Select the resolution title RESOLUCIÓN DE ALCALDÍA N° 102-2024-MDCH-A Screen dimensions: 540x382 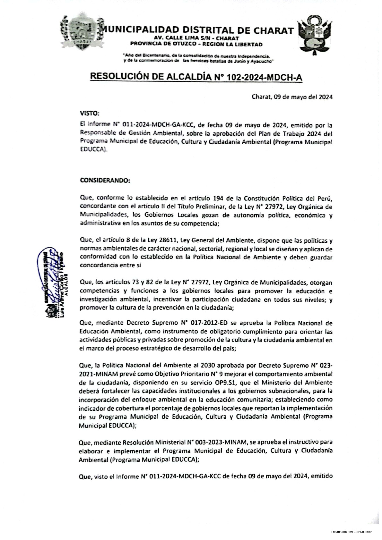pyautogui.click(x=197, y=77)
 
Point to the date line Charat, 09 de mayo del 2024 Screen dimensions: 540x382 pyautogui.click(x=292, y=97)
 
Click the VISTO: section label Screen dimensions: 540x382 pyautogui.click(x=90, y=113)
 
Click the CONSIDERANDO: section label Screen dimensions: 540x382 pyautogui.click(x=105, y=180)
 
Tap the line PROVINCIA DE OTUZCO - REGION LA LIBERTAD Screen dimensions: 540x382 pyautogui.click(x=196, y=44)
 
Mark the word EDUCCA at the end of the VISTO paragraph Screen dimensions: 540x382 pyautogui.click(x=92, y=149)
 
